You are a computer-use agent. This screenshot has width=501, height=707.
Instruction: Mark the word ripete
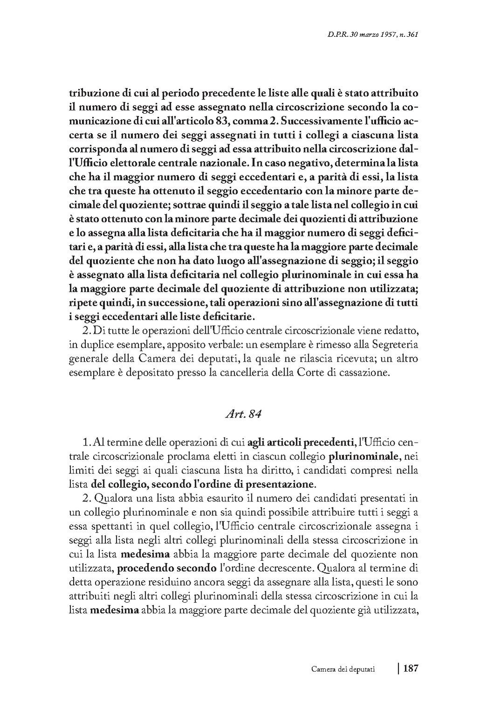point(84,303)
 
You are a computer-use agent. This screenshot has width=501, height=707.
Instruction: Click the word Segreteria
point(393,346)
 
